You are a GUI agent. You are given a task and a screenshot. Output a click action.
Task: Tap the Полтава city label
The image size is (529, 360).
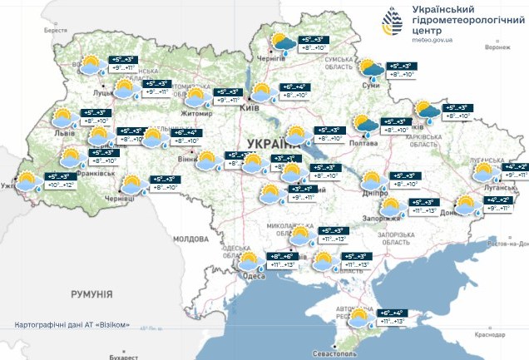[367, 142]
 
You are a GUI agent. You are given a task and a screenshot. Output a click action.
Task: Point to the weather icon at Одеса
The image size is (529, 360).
[249, 264]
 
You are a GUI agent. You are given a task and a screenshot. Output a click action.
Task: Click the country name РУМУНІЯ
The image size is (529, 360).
[91, 293]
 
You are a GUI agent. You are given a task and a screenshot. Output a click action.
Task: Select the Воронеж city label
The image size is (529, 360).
[497, 47]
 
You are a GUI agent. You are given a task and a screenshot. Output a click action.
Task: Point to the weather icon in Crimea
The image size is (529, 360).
[361, 318]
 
